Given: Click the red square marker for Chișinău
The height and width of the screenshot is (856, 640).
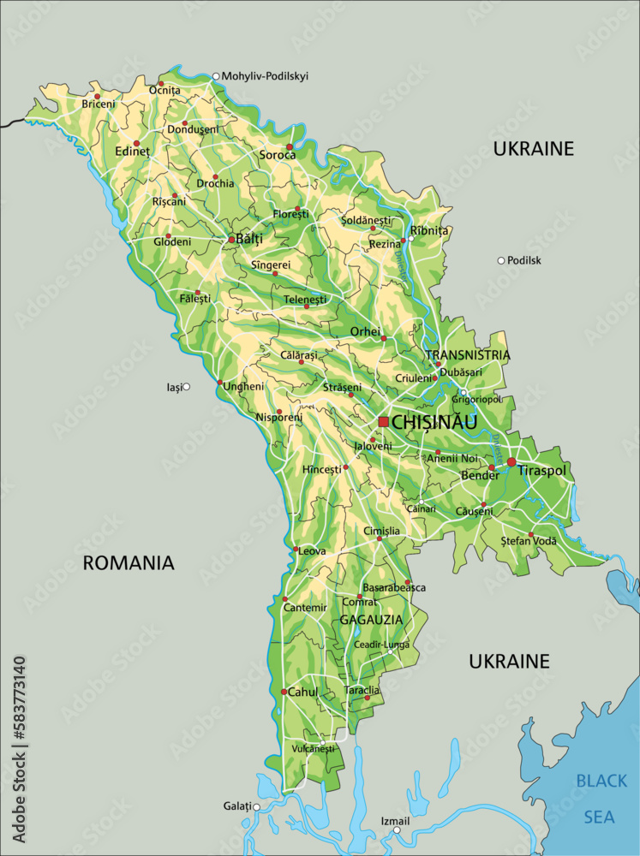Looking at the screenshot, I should click(x=383, y=422).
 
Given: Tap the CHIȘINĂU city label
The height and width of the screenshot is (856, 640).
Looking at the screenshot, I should click(x=434, y=422).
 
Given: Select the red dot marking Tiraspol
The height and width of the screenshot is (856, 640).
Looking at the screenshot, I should click(x=511, y=462).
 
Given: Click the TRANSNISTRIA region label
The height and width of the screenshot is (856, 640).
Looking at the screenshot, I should click(x=468, y=354).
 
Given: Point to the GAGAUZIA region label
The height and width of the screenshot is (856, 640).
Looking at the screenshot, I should click(x=371, y=619).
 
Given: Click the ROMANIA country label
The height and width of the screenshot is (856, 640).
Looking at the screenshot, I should click(x=129, y=562).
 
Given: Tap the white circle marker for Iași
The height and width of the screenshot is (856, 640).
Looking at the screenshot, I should click(x=186, y=387).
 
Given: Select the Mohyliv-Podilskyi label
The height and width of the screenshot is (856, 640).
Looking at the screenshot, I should click(x=265, y=76).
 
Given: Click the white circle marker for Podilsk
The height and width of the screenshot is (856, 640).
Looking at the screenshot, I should click(x=501, y=260).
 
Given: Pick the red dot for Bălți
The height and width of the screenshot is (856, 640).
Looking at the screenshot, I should click(x=231, y=241).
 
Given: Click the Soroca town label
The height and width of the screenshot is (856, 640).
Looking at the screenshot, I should click(x=277, y=155).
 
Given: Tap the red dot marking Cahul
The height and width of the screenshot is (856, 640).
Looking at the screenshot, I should click(x=284, y=692).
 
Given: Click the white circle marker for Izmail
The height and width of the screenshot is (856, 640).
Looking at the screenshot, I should click(x=397, y=829).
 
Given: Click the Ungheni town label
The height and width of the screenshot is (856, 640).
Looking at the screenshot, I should click(x=243, y=386).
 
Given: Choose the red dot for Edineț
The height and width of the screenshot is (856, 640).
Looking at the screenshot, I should click(x=136, y=143).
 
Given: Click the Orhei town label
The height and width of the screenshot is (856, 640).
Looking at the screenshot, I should click(x=365, y=331).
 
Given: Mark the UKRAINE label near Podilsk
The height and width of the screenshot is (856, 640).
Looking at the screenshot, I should click(x=533, y=149).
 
